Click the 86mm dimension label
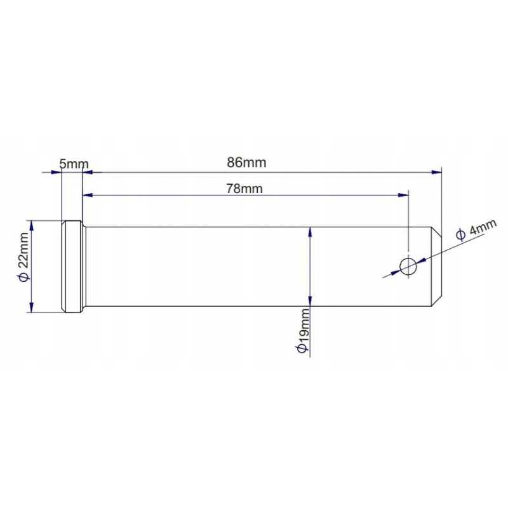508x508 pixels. click(246, 163)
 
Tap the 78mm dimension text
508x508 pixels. click(244, 189)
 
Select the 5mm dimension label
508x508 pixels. click(74, 164)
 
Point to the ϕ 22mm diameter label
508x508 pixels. click(24, 257)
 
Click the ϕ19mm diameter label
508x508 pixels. click(302, 330)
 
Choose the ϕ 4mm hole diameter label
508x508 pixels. click(476, 229)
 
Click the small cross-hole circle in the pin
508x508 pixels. click(408, 267)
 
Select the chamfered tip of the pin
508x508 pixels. click(436, 266)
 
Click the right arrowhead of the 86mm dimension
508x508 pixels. click(436, 172)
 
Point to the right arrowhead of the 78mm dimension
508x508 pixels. click(403, 195)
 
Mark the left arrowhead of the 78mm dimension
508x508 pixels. click(88, 195)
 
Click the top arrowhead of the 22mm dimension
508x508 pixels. click(31, 226)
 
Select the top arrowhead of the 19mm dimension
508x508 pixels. click(310, 232)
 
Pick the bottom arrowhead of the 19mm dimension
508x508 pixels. click(310, 301)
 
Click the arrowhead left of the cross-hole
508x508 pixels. click(395, 272)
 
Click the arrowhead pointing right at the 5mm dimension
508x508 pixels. click(56, 172)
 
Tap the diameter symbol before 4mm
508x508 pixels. click(461, 234)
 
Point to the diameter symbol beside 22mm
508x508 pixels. click(24, 277)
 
